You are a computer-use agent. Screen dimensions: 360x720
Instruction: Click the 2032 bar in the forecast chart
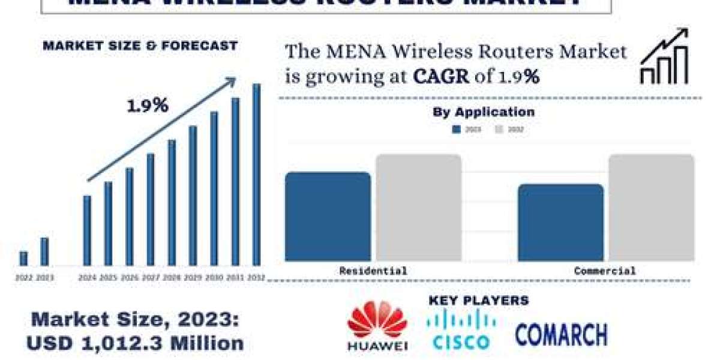click(256, 175)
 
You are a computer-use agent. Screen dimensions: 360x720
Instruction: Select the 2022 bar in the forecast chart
click(23, 259)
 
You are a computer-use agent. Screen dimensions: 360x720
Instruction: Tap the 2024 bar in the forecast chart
click(87, 230)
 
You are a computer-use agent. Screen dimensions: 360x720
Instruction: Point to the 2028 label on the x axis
click(172, 278)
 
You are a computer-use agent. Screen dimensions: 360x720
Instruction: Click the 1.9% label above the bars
click(147, 106)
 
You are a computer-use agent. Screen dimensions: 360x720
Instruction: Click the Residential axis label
click(373, 271)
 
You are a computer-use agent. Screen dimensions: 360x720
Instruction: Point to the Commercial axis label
click(605, 271)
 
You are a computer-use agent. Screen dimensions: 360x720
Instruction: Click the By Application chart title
click(484, 112)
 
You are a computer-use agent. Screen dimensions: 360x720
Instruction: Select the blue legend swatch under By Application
click(457, 129)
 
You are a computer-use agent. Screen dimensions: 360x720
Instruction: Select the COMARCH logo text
click(561, 334)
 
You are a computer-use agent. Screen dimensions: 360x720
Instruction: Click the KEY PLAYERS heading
click(479, 301)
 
